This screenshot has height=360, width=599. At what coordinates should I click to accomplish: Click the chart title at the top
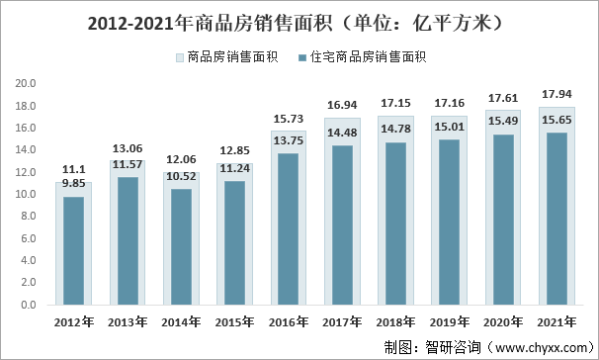(x=299, y=21)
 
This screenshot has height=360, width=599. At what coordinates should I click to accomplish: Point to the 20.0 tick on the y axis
(x=26, y=83)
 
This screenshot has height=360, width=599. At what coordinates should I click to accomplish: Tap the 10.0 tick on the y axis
(x=26, y=194)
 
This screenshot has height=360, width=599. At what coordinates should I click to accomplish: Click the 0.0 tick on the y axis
(x=26, y=305)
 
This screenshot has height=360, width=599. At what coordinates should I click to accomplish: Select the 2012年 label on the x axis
(x=73, y=321)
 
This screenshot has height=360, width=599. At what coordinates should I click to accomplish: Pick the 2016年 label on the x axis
(x=288, y=321)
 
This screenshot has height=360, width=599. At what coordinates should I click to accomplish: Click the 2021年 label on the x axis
(x=555, y=321)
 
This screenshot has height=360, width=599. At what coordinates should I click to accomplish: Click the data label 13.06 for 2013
(x=127, y=149)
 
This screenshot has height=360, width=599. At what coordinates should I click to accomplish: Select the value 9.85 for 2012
(x=72, y=183)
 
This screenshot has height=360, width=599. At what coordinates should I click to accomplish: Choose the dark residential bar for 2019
(x=448, y=222)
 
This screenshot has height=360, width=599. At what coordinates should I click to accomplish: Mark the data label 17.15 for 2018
(x=394, y=104)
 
